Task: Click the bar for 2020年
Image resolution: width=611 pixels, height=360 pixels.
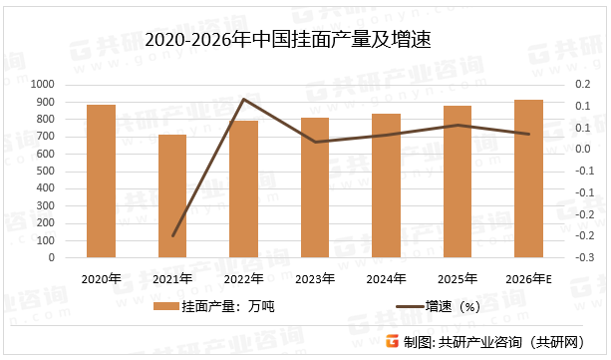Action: click(101, 180)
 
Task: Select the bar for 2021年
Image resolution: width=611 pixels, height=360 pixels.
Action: click(172, 195)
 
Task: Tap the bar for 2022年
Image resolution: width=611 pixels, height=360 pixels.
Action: click(243, 188)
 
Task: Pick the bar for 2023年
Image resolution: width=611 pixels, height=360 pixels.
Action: click(315, 187)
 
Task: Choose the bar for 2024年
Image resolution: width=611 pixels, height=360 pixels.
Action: click(386, 185)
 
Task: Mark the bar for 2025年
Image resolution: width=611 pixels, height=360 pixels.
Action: click(458, 181)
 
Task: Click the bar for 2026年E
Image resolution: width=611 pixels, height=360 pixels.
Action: click(528, 179)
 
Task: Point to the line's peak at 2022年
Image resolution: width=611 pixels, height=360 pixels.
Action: click(243, 99)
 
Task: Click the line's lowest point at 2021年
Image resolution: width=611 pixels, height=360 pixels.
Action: click(172, 236)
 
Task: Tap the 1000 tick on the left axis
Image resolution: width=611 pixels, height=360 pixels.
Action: click(44, 85)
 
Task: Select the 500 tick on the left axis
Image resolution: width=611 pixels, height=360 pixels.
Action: click(47, 172)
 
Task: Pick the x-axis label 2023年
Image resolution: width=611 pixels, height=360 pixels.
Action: click(315, 278)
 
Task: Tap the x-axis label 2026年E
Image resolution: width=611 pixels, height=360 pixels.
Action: click(528, 278)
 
